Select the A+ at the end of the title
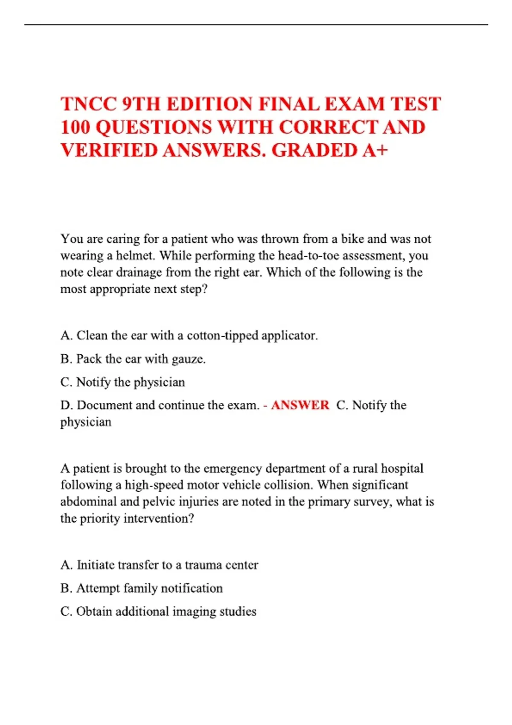coord(375,151)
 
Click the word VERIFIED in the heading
coord(109,151)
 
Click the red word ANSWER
coord(300,405)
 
